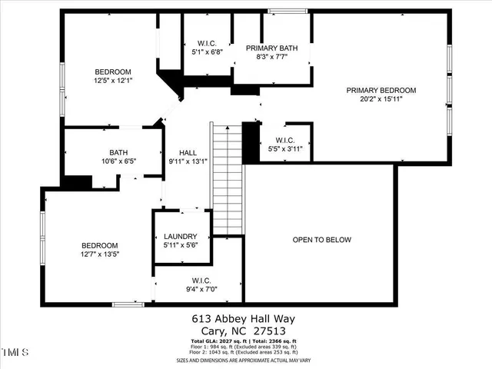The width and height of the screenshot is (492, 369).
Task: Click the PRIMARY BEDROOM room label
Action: (381, 90)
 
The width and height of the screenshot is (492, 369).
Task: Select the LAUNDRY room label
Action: (181, 236)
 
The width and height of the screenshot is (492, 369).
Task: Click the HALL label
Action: (188, 152)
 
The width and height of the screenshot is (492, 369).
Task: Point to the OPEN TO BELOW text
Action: (322, 240)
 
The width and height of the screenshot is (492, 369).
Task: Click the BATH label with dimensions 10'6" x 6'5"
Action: (118, 152)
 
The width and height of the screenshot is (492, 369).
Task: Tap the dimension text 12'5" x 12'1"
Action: (113, 80)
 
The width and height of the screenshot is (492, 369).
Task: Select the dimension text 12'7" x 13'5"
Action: (100, 253)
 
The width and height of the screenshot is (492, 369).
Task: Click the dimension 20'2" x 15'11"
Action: (381, 99)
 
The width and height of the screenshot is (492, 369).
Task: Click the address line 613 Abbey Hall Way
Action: (244, 318)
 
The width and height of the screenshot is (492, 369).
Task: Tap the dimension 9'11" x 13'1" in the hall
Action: (188, 161)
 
